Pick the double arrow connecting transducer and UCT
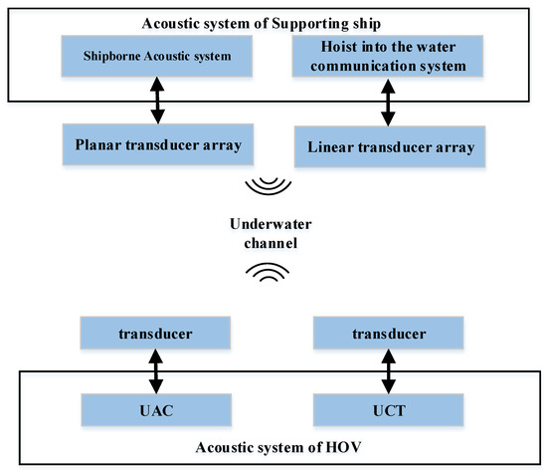tap(385, 371)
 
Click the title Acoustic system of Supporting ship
tap(272, 23)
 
